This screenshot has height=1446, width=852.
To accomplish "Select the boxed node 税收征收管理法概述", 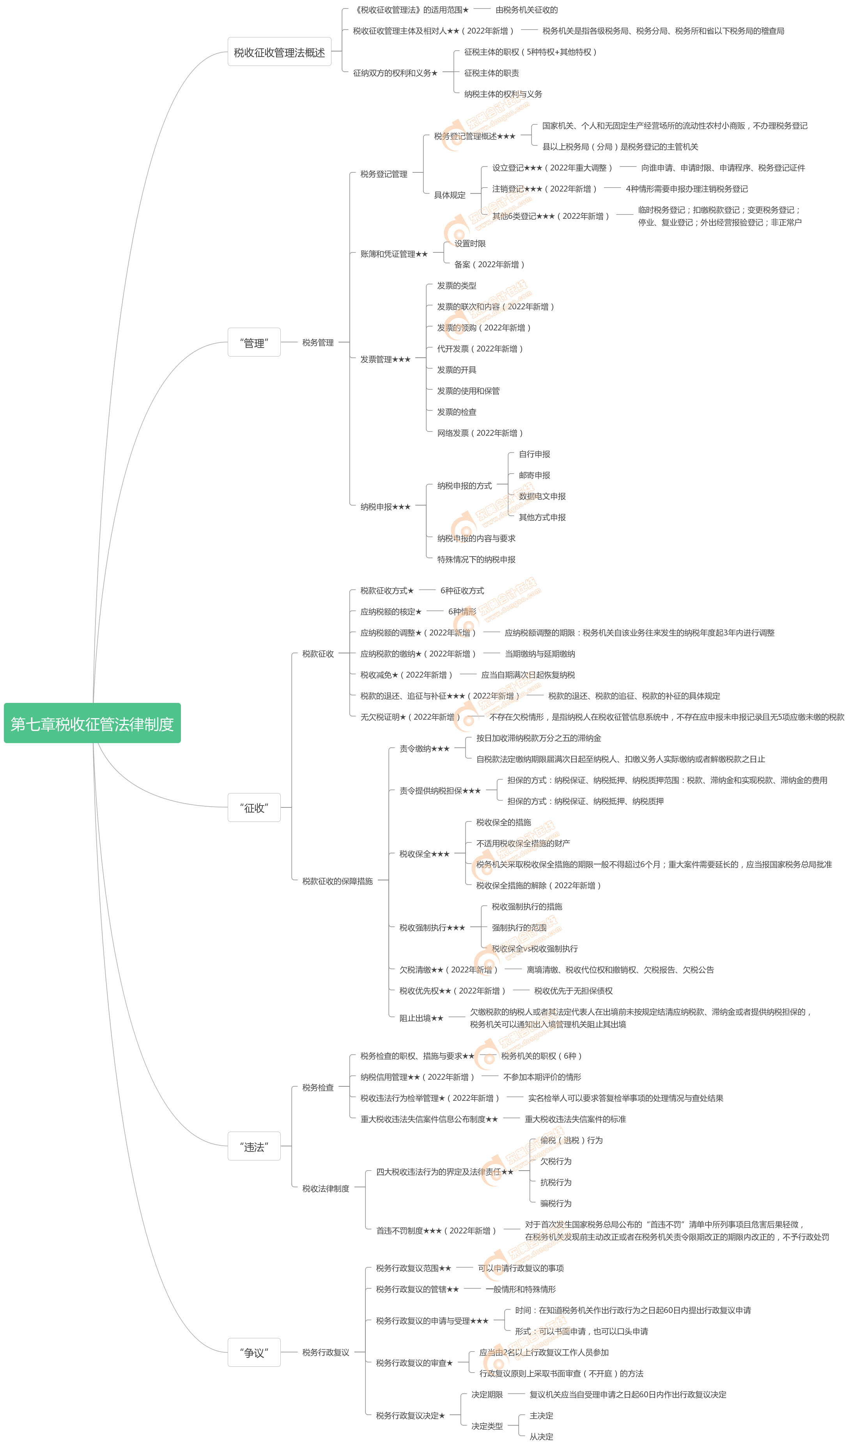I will pos(279,52).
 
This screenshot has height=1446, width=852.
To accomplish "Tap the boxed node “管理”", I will pos(254,343).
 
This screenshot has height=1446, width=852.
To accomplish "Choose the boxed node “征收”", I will pos(254,807).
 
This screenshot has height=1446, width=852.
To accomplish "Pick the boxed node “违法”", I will pos(254,1147).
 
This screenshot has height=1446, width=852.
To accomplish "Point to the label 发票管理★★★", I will pos(385,360).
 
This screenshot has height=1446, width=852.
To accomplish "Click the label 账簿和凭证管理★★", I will pos(394,254).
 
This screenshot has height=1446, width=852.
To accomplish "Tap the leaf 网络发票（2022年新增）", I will pos(480,433).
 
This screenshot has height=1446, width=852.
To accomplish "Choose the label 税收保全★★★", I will pos(424,854).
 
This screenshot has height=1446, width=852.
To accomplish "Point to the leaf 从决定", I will pos(541,1437).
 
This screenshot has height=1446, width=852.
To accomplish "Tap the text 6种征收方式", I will pos(462,590).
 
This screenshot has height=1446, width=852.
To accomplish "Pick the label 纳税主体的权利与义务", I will pos(503,94).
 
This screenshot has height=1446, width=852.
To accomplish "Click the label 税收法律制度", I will pos(326,1189).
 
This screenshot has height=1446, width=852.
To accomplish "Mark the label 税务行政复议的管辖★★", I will pos(417,1289).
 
